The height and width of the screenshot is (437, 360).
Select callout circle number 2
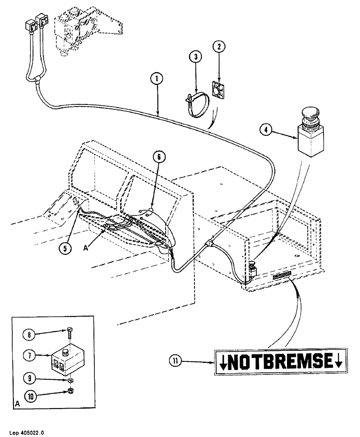click(x=218, y=46)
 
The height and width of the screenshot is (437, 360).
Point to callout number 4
click(x=267, y=129)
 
